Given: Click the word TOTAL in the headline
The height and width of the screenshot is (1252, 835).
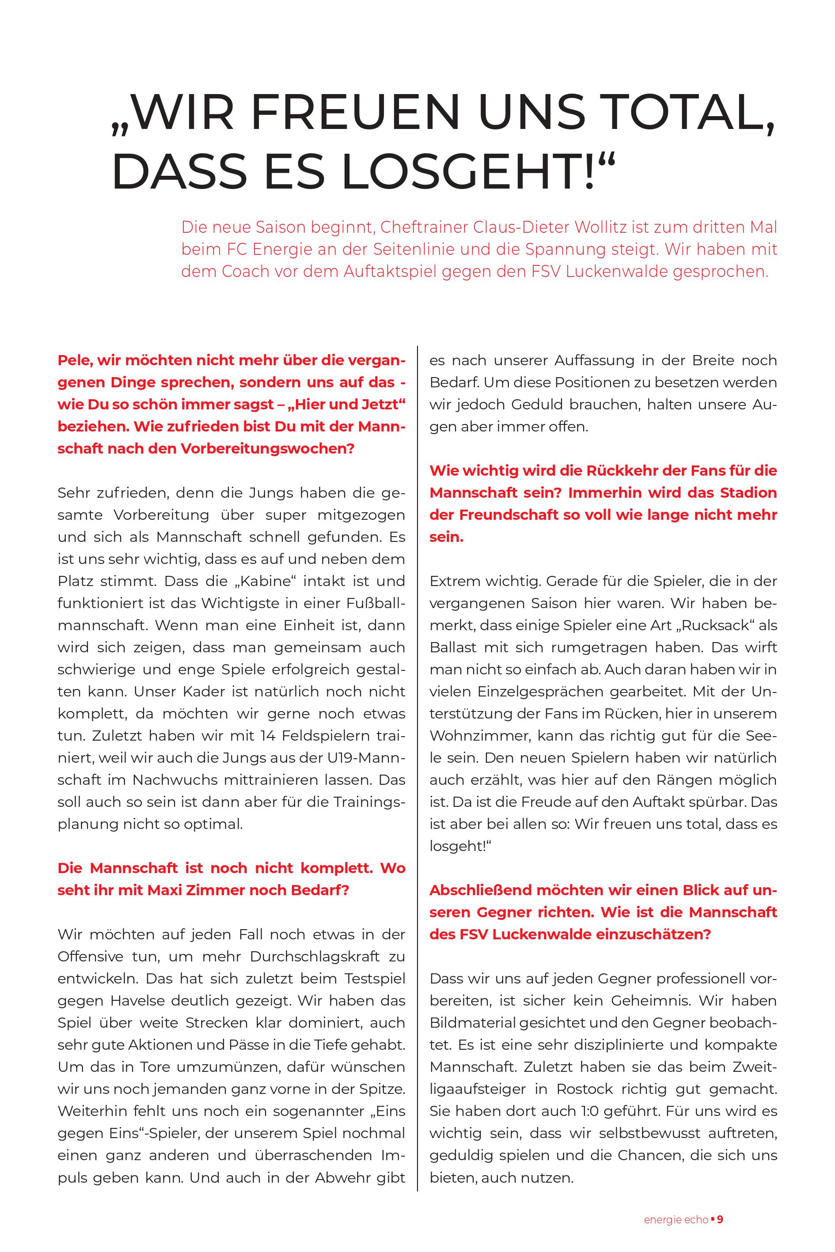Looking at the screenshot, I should (x=679, y=112).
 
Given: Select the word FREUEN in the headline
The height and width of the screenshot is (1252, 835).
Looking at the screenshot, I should (x=355, y=112).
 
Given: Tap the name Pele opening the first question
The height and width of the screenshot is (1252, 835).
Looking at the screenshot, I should (x=74, y=360).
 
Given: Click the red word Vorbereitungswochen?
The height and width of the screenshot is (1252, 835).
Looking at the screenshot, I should (x=267, y=448).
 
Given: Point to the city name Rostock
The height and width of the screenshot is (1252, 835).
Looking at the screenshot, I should (x=584, y=1089).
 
